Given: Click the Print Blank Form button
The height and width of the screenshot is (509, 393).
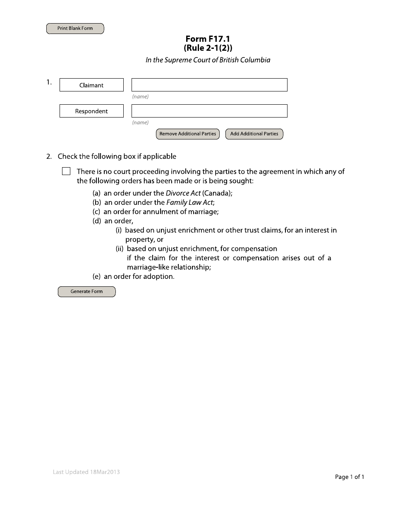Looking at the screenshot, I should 75,29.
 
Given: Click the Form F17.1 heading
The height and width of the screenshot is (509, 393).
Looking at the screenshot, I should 208,39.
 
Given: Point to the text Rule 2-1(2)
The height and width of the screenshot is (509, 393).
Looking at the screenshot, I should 208,48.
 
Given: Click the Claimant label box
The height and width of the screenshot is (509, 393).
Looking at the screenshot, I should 91,85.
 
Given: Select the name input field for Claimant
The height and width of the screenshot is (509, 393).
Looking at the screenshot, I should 209,85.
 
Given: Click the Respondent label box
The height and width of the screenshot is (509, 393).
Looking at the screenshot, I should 91,111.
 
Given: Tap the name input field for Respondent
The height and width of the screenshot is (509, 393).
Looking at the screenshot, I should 209,111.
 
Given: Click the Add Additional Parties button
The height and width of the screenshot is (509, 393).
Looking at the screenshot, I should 254,134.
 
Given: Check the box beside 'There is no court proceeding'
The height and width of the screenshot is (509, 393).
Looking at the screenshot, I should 66,171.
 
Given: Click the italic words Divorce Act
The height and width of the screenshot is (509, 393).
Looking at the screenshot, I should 183,193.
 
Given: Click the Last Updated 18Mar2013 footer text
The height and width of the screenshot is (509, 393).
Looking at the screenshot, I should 86,472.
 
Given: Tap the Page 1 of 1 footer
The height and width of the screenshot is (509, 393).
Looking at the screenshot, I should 349,477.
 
